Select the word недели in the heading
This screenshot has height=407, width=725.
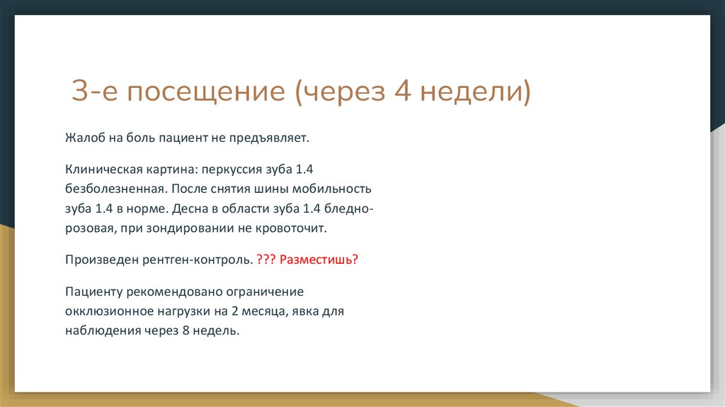[x=473, y=93]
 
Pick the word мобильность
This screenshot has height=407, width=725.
[x=336, y=191]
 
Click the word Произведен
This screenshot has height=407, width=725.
[x=96, y=260]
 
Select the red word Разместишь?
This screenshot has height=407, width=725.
[x=319, y=260]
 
